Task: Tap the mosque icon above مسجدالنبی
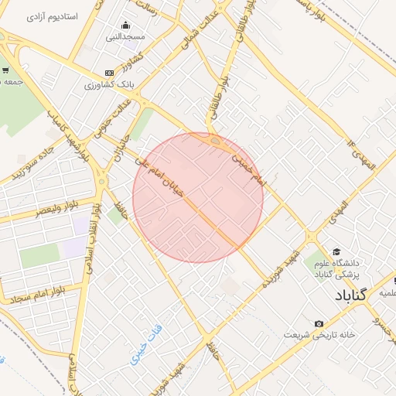(x=126, y=25)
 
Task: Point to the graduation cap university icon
(x=336, y=251)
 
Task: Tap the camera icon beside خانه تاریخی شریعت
(x=319, y=323)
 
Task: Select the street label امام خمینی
(x=248, y=166)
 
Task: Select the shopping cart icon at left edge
(x=6, y=70)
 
